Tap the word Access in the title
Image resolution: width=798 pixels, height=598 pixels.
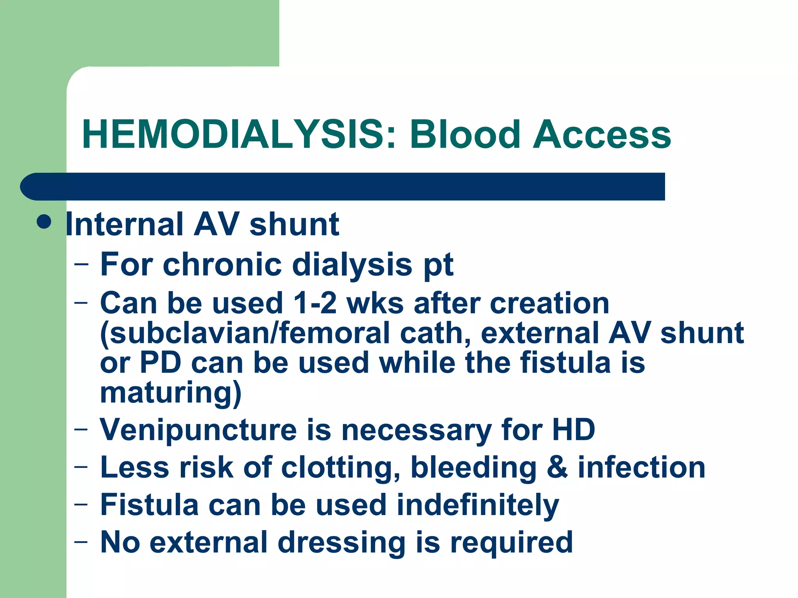[602, 135]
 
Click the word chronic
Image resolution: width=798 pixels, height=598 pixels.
[222, 264]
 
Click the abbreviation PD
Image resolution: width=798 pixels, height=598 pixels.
[160, 363]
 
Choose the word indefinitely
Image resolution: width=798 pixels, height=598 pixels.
[478, 505]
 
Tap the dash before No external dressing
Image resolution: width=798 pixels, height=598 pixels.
[81, 542]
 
